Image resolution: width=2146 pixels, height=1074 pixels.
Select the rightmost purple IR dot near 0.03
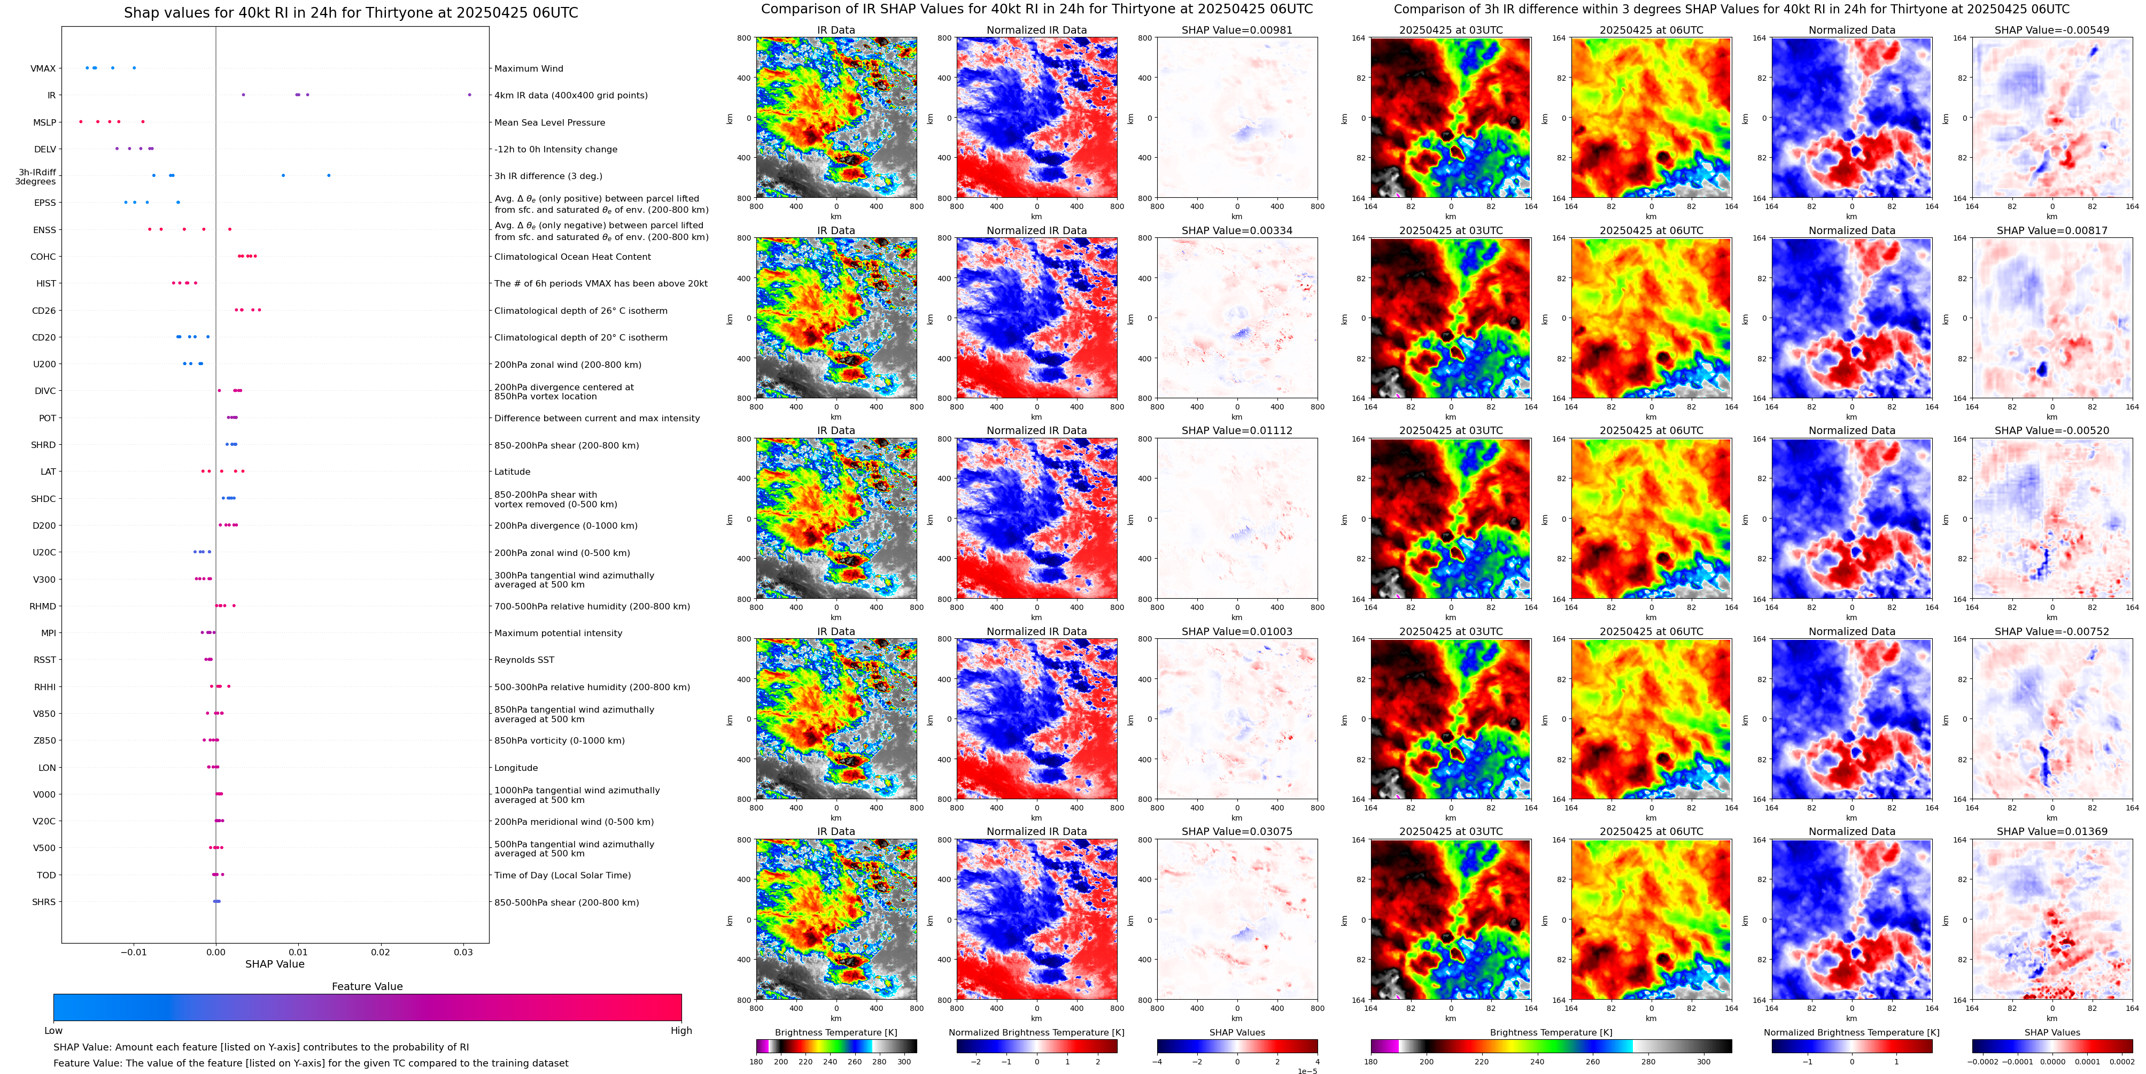coord(469,95)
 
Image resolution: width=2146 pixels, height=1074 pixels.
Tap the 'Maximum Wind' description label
coord(528,68)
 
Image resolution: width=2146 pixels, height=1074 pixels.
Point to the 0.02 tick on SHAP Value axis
coord(380,952)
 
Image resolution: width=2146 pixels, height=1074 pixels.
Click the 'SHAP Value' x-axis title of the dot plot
coord(274,964)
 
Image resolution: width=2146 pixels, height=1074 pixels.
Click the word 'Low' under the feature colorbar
coord(53,1031)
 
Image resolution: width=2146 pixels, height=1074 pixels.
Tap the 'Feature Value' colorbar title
coord(367,986)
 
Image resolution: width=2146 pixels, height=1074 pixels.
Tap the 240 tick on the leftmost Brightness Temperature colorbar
coord(830,1062)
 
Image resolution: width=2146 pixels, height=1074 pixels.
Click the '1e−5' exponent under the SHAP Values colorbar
coord(1306,1071)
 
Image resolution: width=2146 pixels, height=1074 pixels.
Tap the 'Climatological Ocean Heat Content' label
coord(572,257)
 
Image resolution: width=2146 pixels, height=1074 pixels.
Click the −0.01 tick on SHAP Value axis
coord(133,952)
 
